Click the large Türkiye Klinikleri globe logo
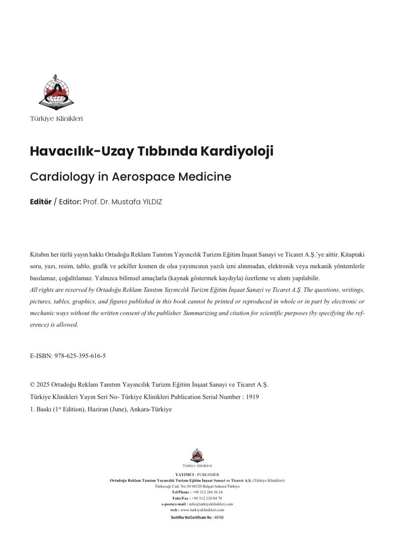point(56,92)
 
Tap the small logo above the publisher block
point(197,456)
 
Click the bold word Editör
point(41,202)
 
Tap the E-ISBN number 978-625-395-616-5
point(80,356)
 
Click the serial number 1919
point(253,397)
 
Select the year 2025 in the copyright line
point(43,385)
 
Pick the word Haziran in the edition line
point(100,410)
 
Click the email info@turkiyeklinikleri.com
point(211,504)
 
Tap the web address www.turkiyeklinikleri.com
point(202,510)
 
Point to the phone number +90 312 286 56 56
point(208,492)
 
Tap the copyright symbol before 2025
point(32,385)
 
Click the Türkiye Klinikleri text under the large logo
point(56,119)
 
